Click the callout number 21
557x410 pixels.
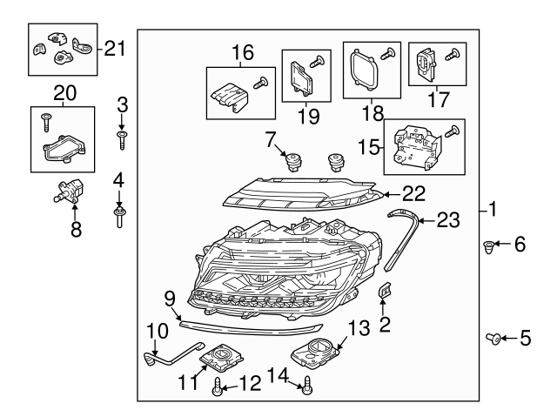[x=115, y=48]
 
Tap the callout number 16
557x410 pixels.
[x=242, y=54]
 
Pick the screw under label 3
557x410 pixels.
[x=123, y=138]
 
